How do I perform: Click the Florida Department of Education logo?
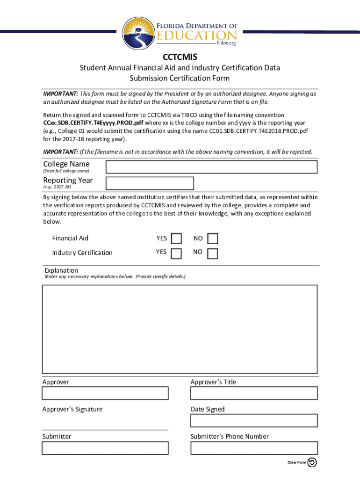180,32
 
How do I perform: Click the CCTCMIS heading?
180,57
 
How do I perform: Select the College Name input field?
211,167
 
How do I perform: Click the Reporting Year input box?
150,183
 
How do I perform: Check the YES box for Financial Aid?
176,239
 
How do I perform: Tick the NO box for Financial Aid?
212,239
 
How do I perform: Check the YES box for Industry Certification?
176,254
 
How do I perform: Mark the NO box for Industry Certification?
212,254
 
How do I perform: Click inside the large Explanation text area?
180,329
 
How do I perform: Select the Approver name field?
105,393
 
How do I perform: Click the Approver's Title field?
254,393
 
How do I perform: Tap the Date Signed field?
254,421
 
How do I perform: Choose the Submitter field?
105,448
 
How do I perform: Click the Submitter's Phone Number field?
254,448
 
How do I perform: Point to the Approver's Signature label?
72,409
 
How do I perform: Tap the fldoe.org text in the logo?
226,43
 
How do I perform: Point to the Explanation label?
61,270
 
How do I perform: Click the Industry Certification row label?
82,253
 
